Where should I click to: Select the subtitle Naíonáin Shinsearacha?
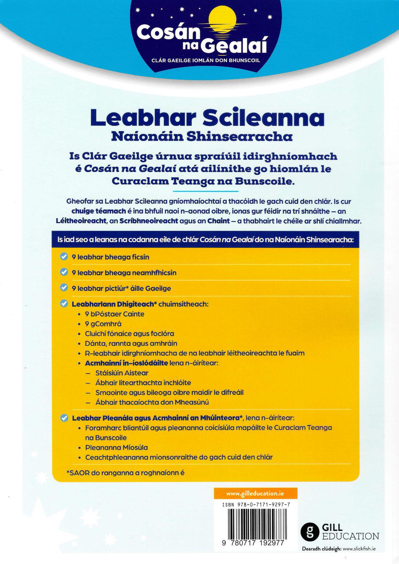click(x=202, y=136)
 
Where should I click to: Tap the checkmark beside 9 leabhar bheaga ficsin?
click(x=64, y=257)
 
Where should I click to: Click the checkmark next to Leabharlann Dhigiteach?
click(x=64, y=304)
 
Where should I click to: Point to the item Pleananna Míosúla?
click(x=117, y=447)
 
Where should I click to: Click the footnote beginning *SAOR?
click(x=125, y=473)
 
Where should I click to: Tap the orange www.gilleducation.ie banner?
click(x=251, y=493)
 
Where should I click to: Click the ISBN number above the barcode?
click(x=256, y=505)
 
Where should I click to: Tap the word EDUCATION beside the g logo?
click(x=351, y=536)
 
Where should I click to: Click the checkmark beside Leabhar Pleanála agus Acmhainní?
click(x=64, y=418)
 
